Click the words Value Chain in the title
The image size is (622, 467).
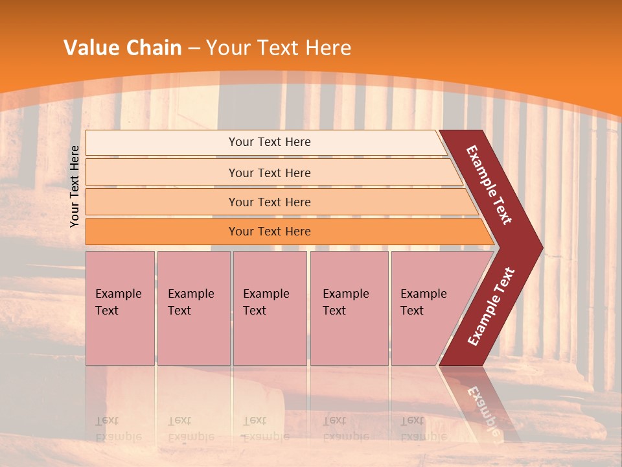coord(122,48)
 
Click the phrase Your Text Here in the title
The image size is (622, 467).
coord(279,48)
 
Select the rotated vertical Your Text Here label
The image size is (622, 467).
coord(75,186)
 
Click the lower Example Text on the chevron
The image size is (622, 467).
coord(491,307)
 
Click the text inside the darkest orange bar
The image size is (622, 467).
coord(270,232)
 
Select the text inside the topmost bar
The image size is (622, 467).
coord(270,142)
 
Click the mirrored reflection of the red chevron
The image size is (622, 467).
coord(479,402)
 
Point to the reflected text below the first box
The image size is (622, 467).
coord(118,429)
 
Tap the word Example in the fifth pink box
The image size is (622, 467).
coord(423,294)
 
